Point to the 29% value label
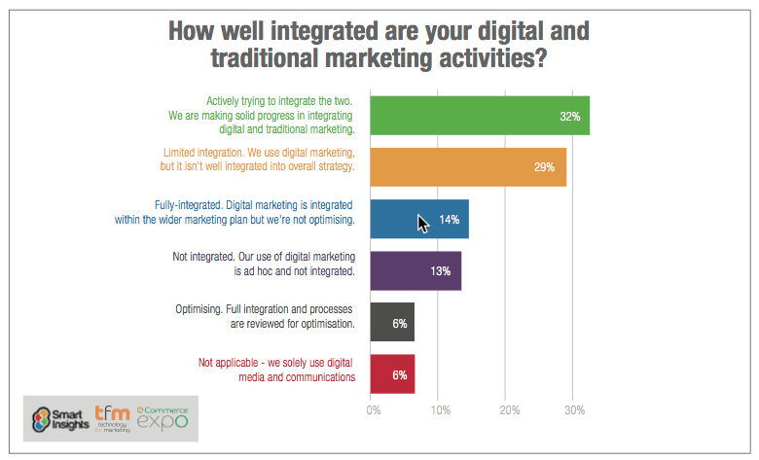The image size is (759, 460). tap(543, 167)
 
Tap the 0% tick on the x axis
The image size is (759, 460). tap(373, 409)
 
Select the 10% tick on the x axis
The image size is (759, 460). tap(439, 409)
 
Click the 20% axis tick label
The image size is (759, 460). tap(508, 409)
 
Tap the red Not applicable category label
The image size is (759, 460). tap(276, 363)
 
